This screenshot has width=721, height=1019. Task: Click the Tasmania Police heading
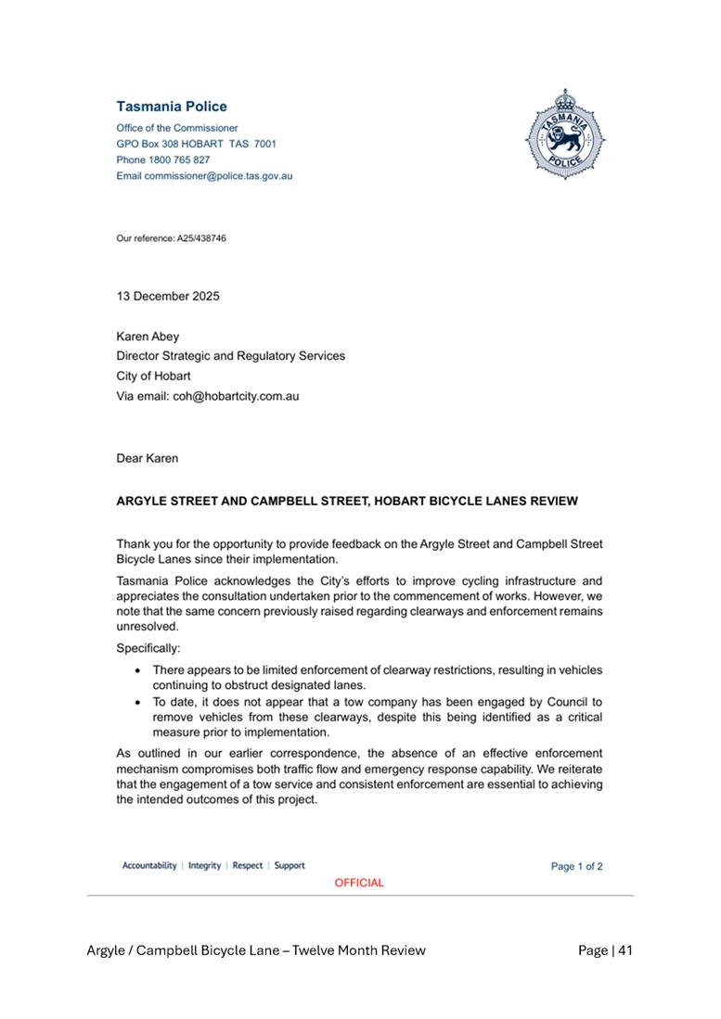[x=172, y=107]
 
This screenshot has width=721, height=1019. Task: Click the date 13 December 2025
[x=168, y=297]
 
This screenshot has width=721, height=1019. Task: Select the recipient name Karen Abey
[x=148, y=337]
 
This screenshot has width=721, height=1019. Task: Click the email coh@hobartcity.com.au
[x=236, y=396]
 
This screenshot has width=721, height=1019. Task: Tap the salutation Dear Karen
[x=148, y=458]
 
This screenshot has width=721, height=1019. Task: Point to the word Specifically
[x=148, y=649]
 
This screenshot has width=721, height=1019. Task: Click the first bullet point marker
[x=138, y=669]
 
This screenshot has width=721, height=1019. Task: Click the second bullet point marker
[x=138, y=702]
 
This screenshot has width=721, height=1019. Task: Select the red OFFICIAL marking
[x=359, y=883]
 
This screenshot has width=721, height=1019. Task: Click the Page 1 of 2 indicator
[x=576, y=866]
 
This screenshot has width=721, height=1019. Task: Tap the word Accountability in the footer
[x=149, y=865]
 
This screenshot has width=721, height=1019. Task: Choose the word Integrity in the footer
[x=204, y=865]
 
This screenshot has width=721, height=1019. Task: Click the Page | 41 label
[x=605, y=949]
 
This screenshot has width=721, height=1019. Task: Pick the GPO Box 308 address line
[x=196, y=144]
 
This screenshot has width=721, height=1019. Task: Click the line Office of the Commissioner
[x=177, y=128]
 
